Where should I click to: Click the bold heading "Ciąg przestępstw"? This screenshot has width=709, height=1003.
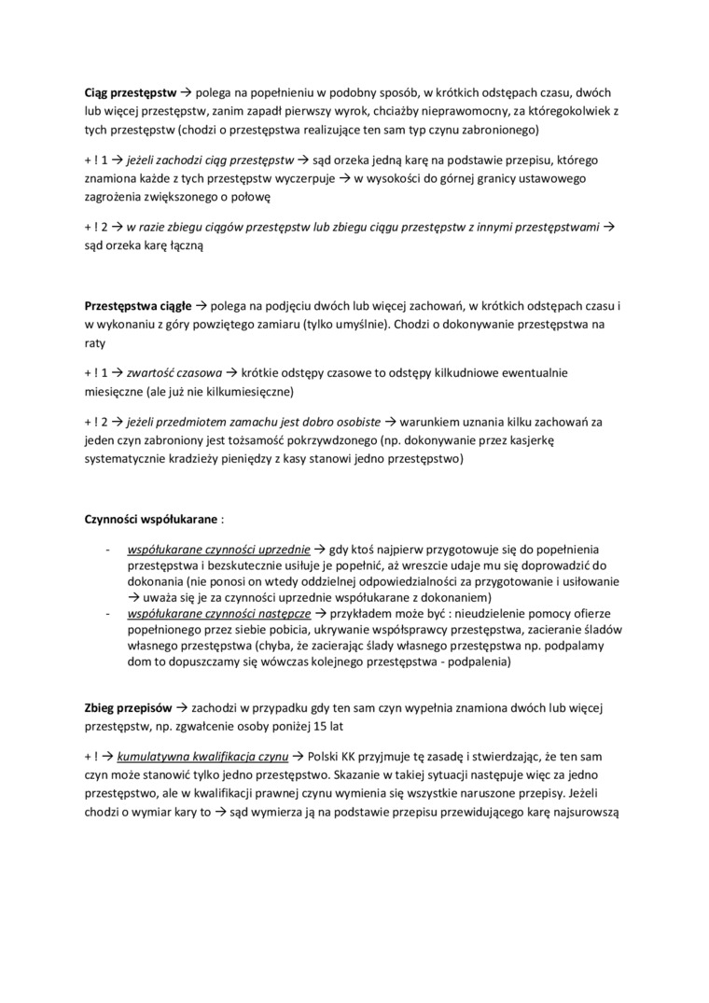tap(125, 94)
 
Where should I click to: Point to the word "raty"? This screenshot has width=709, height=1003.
tap(98, 341)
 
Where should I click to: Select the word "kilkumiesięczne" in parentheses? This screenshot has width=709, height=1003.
tap(244, 389)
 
